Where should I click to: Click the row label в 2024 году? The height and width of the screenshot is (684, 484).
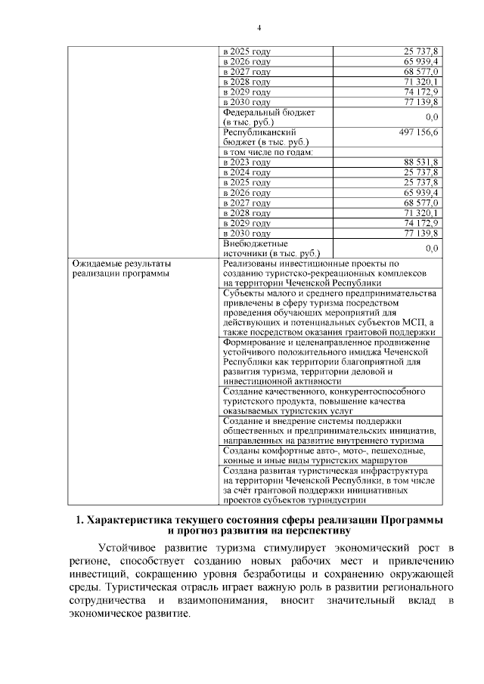click(247, 172)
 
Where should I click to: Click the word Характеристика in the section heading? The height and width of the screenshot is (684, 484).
click(136, 522)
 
